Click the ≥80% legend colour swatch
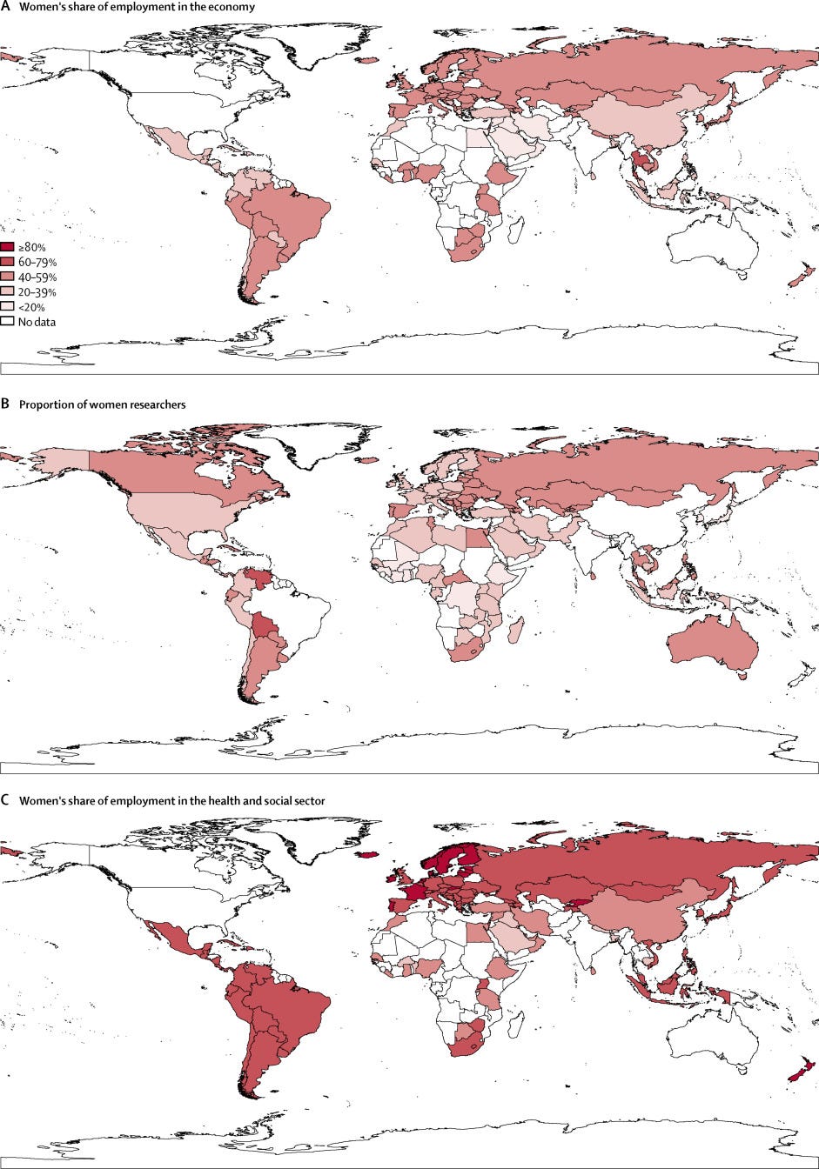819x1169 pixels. (8, 247)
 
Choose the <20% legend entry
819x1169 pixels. (22, 306)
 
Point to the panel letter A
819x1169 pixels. (5, 7)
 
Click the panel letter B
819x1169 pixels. (5, 404)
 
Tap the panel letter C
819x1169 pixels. (5, 800)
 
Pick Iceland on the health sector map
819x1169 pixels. (367, 855)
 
